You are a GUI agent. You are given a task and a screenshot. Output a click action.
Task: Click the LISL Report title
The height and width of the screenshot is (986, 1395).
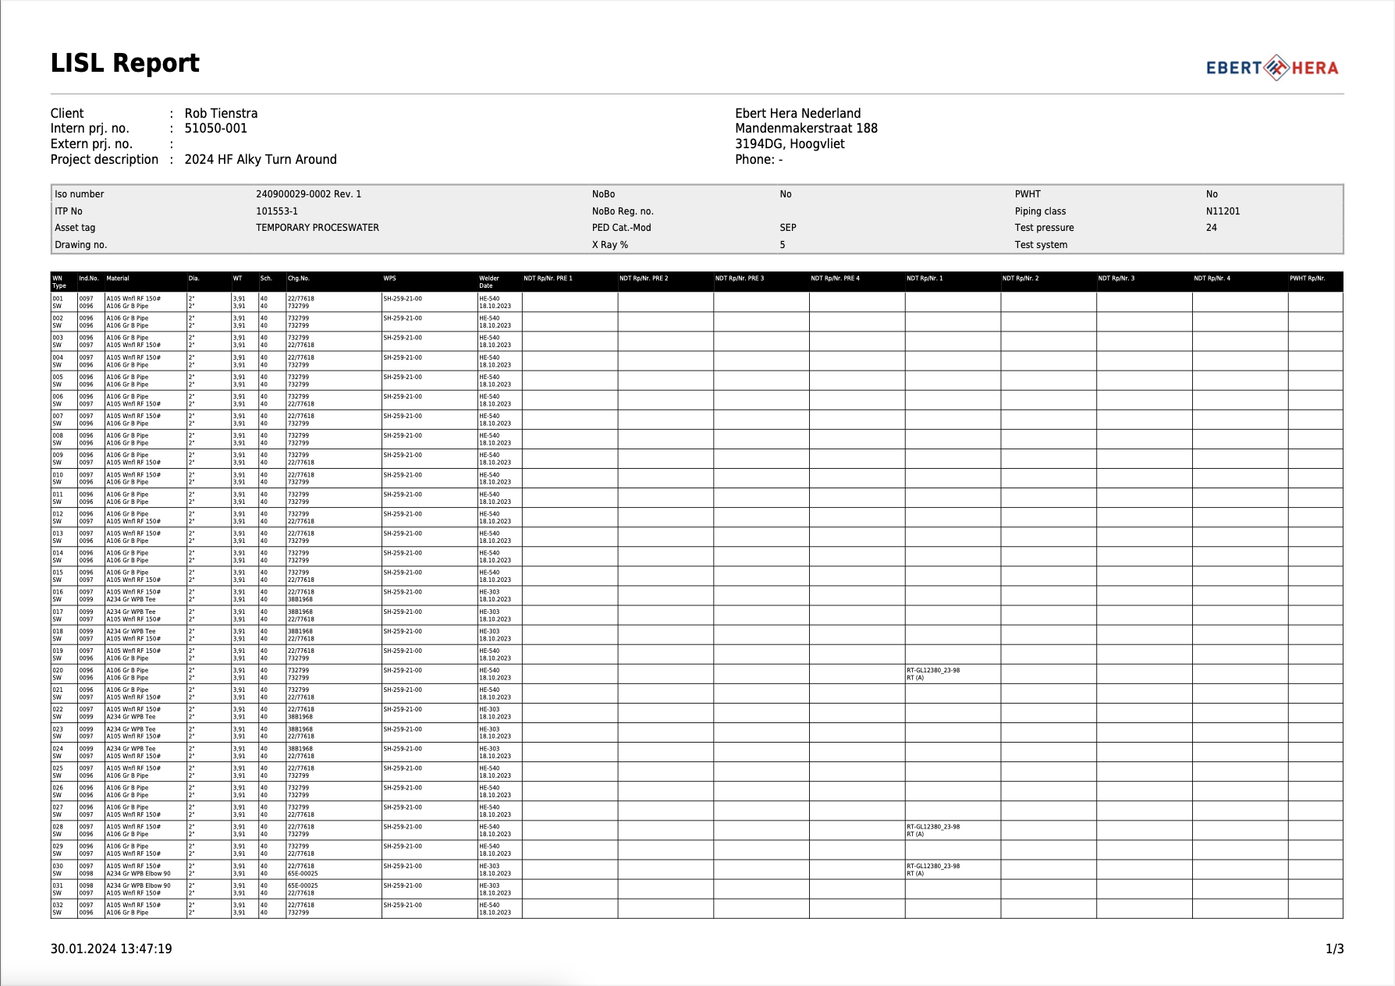click(125, 63)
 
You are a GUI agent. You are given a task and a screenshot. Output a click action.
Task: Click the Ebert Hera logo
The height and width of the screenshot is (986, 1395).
click(1272, 68)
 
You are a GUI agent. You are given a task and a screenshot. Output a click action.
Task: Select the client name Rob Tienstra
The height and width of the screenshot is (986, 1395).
click(221, 113)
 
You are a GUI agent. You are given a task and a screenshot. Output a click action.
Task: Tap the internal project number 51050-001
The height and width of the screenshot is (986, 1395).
click(215, 129)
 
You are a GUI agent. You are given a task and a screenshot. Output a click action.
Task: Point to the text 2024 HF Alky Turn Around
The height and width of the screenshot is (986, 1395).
click(261, 159)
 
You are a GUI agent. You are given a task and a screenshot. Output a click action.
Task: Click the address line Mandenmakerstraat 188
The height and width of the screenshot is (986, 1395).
click(806, 129)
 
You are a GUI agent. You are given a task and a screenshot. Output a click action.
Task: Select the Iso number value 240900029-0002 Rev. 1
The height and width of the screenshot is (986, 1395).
click(308, 194)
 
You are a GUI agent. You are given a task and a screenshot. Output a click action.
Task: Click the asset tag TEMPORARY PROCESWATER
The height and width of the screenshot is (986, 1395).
click(317, 228)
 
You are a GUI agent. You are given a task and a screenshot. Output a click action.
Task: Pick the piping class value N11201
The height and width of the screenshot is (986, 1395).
click(1223, 211)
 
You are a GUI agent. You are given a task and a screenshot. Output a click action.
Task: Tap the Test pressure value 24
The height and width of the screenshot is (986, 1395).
click(1211, 228)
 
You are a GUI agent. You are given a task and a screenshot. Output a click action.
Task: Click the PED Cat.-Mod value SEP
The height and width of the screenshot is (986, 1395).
click(788, 228)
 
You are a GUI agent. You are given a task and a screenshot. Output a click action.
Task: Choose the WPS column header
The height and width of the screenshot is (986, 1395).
click(389, 278)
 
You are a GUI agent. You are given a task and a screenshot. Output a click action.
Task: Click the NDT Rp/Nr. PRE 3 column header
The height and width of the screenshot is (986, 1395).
click(739, 278)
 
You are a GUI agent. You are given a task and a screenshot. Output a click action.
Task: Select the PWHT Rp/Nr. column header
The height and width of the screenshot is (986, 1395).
click(1307, 278)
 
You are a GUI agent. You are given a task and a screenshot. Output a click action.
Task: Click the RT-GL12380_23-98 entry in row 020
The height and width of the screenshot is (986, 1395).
click(933, 671)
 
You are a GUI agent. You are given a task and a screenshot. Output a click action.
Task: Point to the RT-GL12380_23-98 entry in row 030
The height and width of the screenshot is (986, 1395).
click(933, 867)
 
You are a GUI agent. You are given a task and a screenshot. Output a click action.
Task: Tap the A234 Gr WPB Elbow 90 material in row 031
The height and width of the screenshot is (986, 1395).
click(138, 886)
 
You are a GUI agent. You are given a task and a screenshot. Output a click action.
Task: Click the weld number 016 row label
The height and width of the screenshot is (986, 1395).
click(58, 593)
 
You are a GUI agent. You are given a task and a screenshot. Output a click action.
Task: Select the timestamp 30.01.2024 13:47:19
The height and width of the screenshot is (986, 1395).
click(111, 949)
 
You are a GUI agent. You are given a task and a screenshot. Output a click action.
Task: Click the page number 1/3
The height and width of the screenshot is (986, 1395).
click(1334, 949)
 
